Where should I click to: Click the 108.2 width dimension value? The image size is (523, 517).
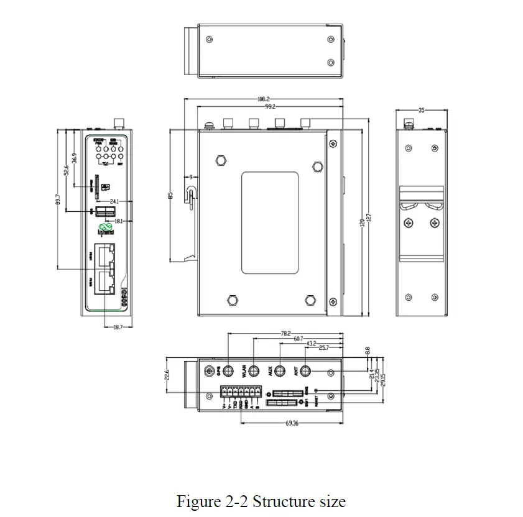click(x=263, y=99)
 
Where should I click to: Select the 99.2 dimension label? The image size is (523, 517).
click(x=269, y=107)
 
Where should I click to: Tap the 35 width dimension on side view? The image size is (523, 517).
click(x=422, y=111)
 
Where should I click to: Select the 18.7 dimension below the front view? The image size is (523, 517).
click(x=117, y=326)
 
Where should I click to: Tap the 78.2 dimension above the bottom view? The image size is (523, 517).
click(x=285, y=334)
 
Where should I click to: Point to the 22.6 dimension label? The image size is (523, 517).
click(x=167, y=375)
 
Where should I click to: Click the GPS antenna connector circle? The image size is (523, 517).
click(x=228, y=372)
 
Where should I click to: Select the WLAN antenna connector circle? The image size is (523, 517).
click(x=254, y=372)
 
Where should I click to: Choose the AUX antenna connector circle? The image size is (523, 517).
click(x=280, y=372)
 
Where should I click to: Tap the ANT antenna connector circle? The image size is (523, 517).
click(x=305, y=372)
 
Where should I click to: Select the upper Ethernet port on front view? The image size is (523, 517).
click(x=106, y=255)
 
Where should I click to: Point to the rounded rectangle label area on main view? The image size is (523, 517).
click(x=269, y=222)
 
